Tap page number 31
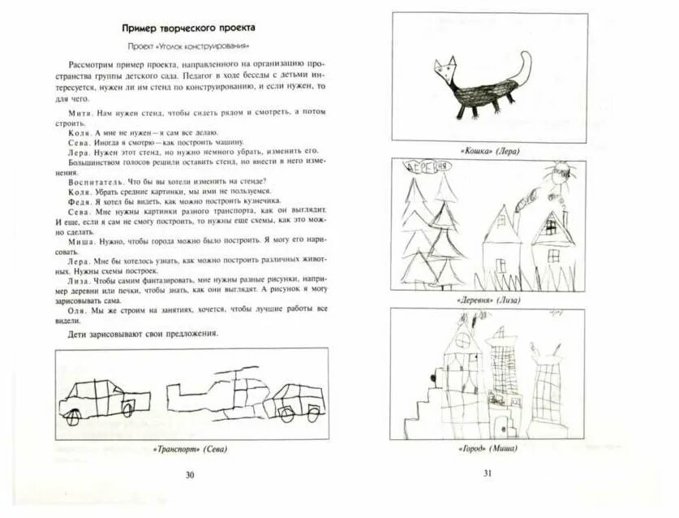(x=488, y=474)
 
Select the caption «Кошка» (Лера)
(x=490, y=151)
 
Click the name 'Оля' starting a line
(x=77, y=309)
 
